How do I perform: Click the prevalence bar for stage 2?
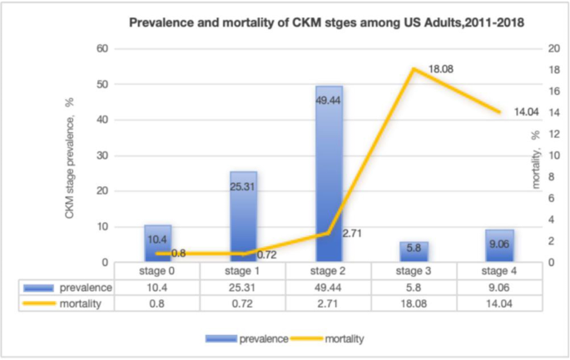pos(329,175)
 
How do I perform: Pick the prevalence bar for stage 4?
pos(500,246)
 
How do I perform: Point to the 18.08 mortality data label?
pos(440,69)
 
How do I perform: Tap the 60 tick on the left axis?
pos(104,49)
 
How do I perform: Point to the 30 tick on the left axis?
pos(104,155)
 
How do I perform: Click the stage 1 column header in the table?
pos(242,271)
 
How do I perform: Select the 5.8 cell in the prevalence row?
pos(414,287)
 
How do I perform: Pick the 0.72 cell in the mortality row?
pos(242,303)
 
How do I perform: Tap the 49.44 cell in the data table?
pos(328,287)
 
